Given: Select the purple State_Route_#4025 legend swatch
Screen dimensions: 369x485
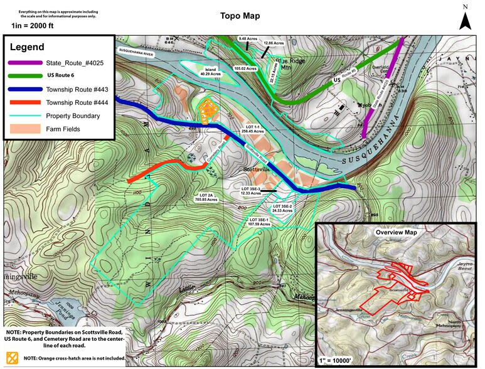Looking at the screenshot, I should click(24, 63).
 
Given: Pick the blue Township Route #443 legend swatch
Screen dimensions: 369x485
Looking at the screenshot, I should click(24, 90).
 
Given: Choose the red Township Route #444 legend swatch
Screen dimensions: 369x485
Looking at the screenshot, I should click(24, 103).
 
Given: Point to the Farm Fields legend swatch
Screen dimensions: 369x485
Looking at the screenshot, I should click(24, 129).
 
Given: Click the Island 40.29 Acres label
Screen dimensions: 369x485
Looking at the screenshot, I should click(208, 72).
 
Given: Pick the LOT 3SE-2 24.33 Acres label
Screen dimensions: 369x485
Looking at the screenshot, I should click(282, 208).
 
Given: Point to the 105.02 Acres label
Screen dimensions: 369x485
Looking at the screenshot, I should click(245, 68).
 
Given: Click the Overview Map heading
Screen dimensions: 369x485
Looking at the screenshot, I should click(396, 232).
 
